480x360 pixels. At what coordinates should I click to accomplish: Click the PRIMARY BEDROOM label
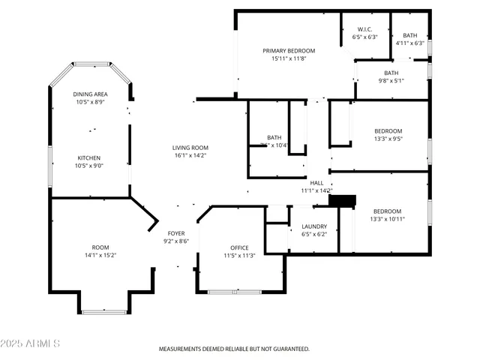click(x=289, y=51)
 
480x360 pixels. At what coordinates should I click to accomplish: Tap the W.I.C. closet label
click(x=364, y=29)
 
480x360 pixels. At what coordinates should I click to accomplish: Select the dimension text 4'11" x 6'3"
click(x=409, y=43)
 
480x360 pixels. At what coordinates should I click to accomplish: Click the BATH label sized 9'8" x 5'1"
click(x=391, y=73)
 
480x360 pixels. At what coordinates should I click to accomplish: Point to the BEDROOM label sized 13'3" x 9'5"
click(x=388, y=130)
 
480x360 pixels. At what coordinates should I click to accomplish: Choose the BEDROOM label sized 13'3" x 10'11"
click(x=388, y=211)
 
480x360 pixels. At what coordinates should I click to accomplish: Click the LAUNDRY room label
click(x=313, y=226)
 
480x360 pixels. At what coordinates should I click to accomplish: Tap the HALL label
click(x=316, y=182)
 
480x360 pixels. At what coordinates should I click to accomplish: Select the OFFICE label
click(x=240, y=247)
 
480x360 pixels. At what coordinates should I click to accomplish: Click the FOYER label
click(x=176, y=233)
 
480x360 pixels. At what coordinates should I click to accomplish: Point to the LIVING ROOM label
click(x=190, y=148)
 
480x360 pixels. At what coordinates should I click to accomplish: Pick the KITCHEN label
click(x=89, y=157)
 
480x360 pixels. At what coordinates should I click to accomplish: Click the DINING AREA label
click(x=89, y=94)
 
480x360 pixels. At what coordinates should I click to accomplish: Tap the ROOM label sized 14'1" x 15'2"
click(x=100, y=247)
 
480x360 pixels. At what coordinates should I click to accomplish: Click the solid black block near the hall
click(x=342, y=200)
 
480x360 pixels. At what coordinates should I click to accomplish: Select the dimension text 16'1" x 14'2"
click(x=190, y=156)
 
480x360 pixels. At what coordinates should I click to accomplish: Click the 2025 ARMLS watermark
click(x=31, y=343)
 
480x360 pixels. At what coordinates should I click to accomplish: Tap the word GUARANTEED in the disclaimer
click(x=290, y=349)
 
